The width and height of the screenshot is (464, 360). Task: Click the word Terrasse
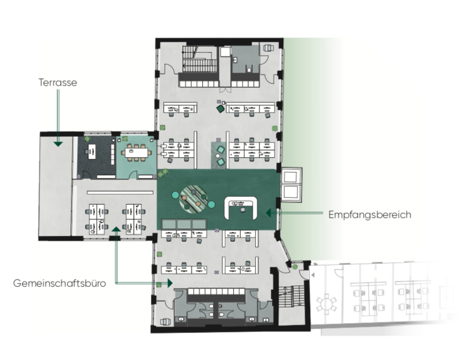[x=57, y=83]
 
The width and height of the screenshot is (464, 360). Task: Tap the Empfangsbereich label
[x=369, y=214]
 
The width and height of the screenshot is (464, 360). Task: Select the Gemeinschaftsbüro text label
[x=60, y=283]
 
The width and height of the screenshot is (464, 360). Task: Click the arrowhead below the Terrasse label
[x=58, y=144]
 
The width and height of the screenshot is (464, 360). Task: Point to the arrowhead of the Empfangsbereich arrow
[x=269, y=213]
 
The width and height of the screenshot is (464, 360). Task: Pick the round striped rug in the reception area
[x=193, y=199]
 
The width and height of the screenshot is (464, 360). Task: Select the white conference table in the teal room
[x=136, y=153]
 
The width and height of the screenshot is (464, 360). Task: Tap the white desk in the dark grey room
[x=92, y=151]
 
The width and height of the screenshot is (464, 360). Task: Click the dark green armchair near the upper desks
[x=221, y=109]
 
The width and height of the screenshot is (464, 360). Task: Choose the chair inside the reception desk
[x=243, y=210]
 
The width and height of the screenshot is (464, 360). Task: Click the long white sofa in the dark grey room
[x=113, y=154]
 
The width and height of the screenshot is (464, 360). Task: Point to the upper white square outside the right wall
[x=291, y=177]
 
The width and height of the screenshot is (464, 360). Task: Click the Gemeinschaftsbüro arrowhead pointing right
[x=170, y=283]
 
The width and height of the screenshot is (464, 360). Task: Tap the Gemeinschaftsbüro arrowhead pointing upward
[x=116, y=229]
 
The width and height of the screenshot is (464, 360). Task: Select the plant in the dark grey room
[x=87, y=138]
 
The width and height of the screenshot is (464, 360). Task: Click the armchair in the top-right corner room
[x=269, y=48]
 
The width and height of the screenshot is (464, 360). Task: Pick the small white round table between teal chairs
[x=218, y=156]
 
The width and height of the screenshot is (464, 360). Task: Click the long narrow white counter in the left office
[x=120, y=192]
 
